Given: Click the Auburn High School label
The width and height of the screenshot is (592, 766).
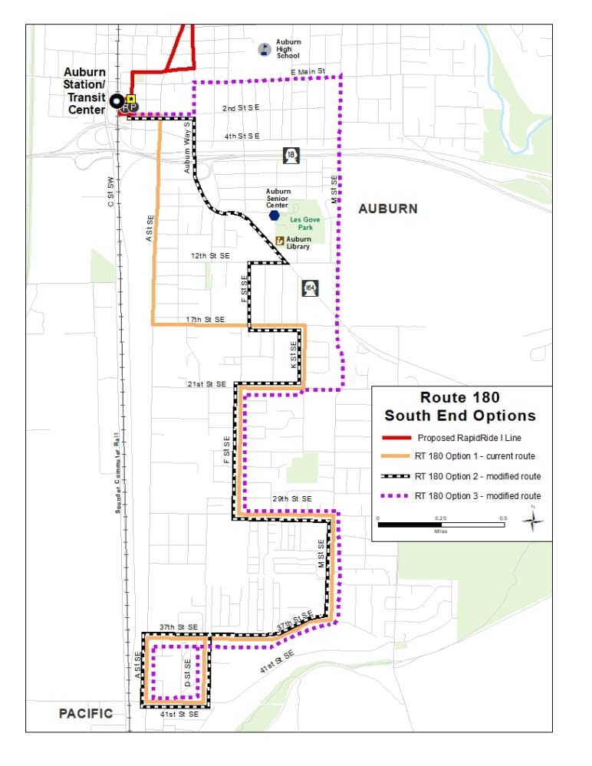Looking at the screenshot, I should (289, 48).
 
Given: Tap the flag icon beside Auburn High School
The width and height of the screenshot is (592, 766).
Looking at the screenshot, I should (263, 49).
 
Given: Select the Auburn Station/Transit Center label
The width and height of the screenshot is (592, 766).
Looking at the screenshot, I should (84, 91).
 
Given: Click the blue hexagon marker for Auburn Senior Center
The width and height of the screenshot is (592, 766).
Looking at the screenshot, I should (275, 215).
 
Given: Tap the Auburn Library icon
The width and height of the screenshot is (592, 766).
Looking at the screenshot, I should (281, 241).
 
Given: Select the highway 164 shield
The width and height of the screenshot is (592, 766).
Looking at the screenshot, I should (310, 288).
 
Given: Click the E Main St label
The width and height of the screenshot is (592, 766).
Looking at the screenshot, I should (308, 71).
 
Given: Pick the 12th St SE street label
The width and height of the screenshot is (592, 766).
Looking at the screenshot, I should (209, 254).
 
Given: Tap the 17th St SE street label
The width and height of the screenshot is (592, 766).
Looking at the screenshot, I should (205, 319).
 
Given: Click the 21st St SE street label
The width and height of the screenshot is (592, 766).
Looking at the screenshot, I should (206, 383).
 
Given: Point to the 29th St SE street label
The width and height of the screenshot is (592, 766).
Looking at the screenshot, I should (292, 499).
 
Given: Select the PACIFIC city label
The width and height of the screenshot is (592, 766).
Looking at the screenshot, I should (86, 713).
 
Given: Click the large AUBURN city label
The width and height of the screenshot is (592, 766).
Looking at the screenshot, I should (388, 209).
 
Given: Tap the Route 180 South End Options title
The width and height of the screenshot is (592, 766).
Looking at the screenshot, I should (460, 406).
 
